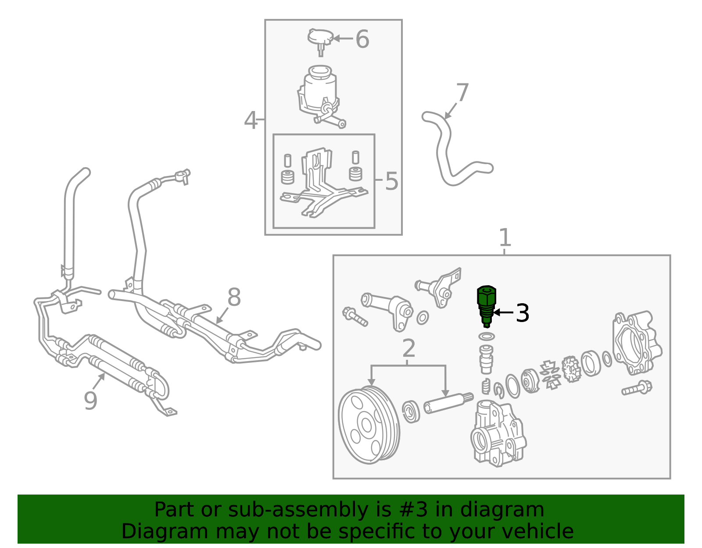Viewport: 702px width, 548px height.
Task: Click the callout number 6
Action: (362, 39)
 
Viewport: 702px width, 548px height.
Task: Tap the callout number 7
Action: (462, 92)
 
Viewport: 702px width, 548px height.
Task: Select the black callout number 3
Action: (523, 312)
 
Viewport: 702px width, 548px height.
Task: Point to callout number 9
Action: (90, 401)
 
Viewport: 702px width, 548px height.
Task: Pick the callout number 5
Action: (391, 181)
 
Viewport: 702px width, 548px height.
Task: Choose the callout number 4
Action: (251, 120)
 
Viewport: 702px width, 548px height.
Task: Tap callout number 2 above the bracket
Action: (409, 348)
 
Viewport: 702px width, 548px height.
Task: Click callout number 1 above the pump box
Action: (505, 238)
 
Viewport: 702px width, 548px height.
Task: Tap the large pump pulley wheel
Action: (369, 425)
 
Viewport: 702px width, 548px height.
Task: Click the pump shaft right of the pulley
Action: (448, 403)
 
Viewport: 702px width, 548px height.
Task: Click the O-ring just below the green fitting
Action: (487, 337)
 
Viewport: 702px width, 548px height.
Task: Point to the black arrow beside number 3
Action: (503, 312)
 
